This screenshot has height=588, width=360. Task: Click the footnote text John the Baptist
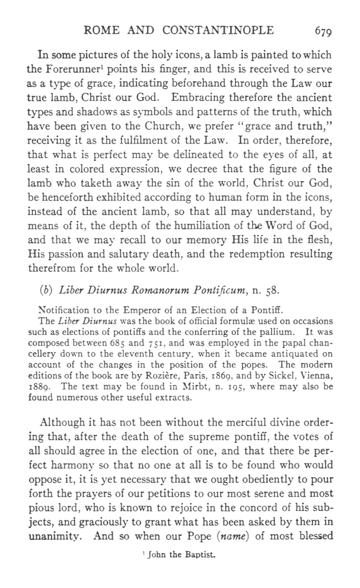tap(179, 557)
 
